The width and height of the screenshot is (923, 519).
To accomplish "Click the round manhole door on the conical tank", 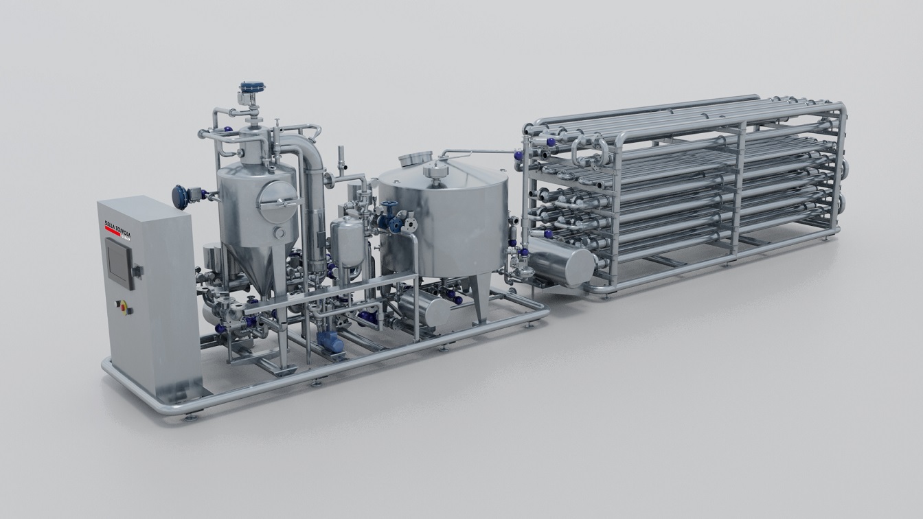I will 277,200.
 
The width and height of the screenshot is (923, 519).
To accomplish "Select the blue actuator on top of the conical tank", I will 251,89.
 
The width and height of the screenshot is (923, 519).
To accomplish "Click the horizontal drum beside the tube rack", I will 560,264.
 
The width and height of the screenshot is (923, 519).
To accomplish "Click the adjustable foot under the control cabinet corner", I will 190,416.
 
